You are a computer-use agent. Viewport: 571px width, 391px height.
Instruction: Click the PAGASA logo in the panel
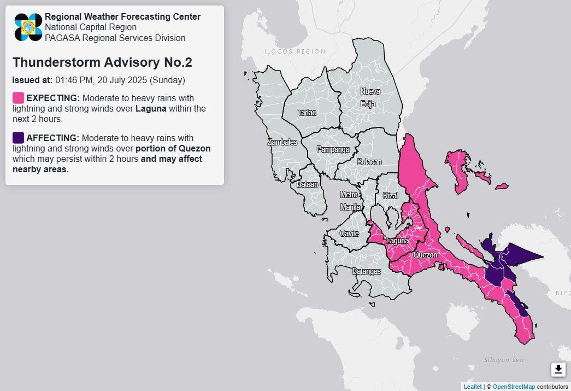pyautogui.click(x=28, y=27)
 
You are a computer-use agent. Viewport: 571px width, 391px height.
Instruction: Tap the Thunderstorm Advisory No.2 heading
pyautogui.click(x=102, y=62)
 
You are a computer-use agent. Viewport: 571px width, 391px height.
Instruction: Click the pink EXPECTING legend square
pyautogui.click(x=18, y=98)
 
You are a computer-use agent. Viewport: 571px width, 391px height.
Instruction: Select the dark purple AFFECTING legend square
pyautogui.click(x=18, y=137)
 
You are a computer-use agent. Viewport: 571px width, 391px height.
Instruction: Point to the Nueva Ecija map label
pyautogui.click(x=370, y=97)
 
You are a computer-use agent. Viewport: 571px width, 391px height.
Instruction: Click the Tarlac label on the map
pyautogui.click(x=307, y=113)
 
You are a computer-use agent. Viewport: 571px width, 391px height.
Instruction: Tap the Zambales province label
pyautogui.click(x=282, y=142)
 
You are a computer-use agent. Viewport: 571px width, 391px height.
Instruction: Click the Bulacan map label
pyautogui.click(x=369, y=162)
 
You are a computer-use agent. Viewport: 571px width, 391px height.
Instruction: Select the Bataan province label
pyautogui.click(x=308, y=185)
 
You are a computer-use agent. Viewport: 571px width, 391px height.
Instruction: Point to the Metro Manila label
pyautogui.click(x=350, y=201)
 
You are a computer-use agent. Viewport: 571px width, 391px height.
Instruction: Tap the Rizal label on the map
pyautogui.click(x=391, y=195)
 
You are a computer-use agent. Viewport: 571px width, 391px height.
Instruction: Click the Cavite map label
pyautogui.click(x=350, y=234)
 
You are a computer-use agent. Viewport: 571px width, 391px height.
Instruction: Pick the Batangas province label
pyautogui.click(x=366, y=271)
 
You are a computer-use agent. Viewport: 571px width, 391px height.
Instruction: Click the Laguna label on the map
pyautogui.click(x=397, y=241)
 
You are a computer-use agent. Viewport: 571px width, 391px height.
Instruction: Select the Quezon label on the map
pyautogui.click(x=426, y=255)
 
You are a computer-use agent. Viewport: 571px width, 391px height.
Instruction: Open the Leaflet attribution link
pyautogui.click(x=473, y=387)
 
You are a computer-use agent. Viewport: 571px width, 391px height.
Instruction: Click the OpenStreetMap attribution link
pyautogui.click(x=514, y=387)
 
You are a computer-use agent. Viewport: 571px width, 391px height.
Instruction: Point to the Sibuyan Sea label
pyautogui.click(x=504, y=360)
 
